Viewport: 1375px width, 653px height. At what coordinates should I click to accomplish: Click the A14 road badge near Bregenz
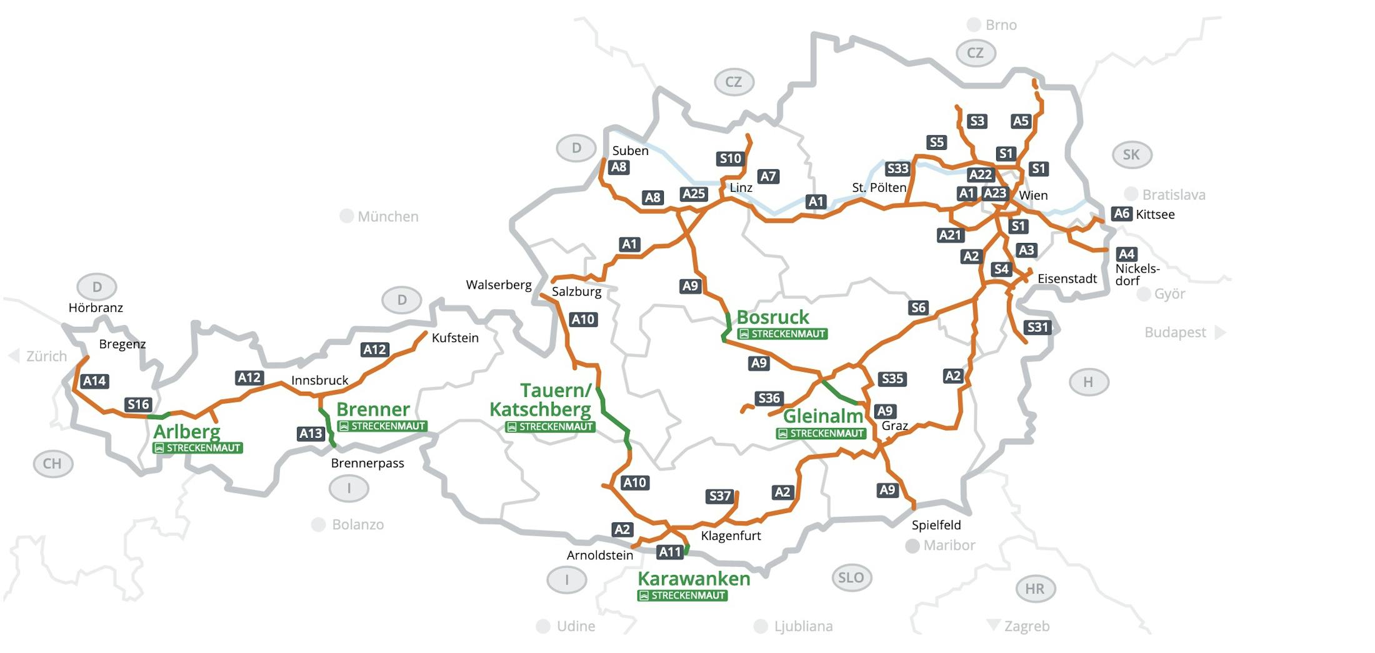point(95,381)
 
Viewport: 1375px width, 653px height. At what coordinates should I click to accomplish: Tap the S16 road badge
point(137,404)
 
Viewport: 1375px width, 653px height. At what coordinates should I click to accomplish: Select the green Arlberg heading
point(186,431)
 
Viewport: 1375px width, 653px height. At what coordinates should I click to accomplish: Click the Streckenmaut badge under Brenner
point(382,426)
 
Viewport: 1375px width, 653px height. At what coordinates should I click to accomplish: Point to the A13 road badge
point(311,434)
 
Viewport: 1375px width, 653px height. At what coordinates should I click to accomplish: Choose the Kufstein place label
point(455,338)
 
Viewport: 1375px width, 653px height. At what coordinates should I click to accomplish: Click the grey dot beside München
point(346,216)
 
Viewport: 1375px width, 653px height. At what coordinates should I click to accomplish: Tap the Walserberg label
point(499,285)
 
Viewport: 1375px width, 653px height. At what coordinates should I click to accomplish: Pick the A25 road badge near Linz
point(694,194)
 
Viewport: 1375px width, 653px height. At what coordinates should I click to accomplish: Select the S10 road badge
point(730,159)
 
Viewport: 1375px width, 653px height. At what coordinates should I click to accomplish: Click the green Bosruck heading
point(772,317)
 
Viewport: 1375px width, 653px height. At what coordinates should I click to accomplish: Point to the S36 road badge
point(769,398)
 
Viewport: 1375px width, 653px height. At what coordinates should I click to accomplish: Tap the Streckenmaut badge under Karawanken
point(682,596)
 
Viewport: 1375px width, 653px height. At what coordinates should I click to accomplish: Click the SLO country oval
point(851,577)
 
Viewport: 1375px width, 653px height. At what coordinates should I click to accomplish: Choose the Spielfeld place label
point(936,525)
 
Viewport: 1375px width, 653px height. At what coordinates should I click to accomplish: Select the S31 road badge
point(1037,327)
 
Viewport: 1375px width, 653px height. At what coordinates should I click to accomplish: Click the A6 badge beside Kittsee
point(1122,214)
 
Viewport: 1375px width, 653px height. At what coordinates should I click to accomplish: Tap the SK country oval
point(1131,154)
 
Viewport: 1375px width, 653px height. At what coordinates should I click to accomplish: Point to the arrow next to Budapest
point(1220,332)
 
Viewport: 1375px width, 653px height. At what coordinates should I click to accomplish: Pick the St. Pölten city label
point(879,187)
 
